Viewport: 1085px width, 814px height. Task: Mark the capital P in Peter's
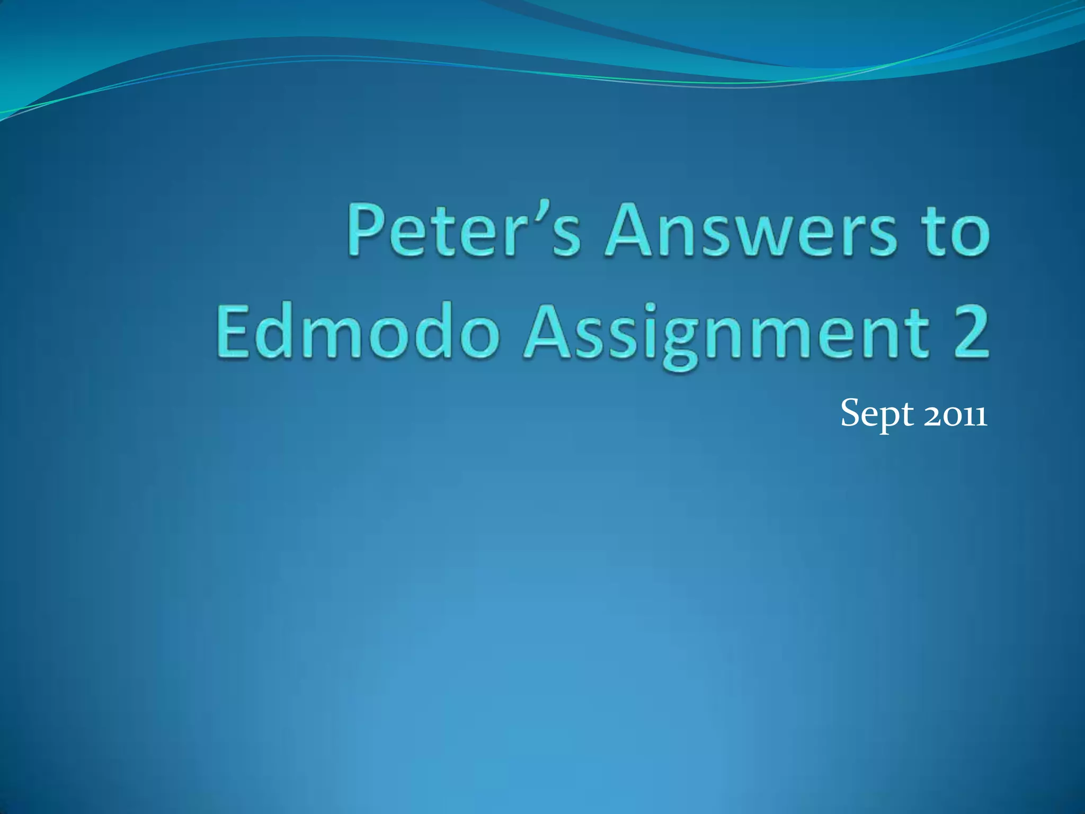pos(367,231)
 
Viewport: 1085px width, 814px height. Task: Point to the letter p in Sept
pos(890,419)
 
